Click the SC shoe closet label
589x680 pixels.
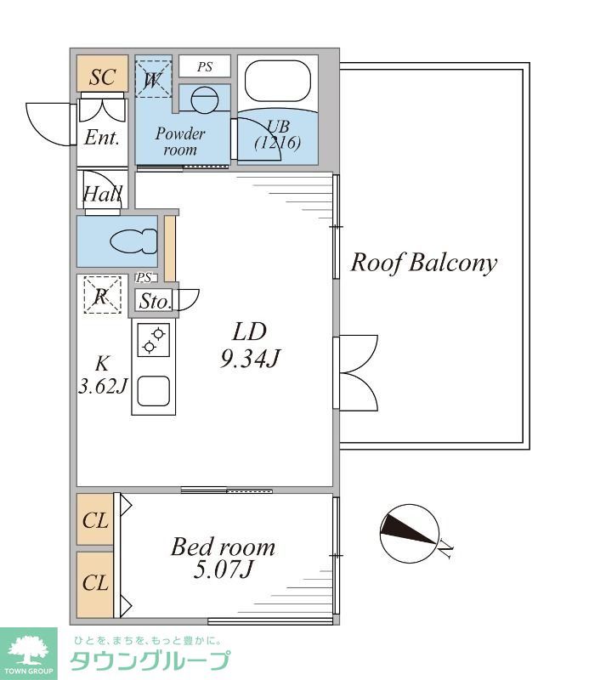point(102,77)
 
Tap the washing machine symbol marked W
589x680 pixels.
point(153,79)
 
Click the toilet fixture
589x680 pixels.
point(133,241)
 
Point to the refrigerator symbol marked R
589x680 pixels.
point(102,295)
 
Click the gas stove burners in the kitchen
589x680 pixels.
point(154,340)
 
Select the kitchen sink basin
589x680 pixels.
point(154,391)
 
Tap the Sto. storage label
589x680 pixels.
point(155,302)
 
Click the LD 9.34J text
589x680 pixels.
point(250,345)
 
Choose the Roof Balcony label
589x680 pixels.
point(424,263)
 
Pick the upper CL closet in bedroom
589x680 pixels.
point(95,519)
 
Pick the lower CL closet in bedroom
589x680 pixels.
point(95,584)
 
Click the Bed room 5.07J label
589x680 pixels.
point(223,558)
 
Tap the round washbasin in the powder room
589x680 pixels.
point(204,99)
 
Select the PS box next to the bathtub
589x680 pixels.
point(205,67)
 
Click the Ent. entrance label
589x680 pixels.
point(102,138)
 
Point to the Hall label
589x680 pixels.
point(102,194)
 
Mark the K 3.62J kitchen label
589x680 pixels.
point(102,375)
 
